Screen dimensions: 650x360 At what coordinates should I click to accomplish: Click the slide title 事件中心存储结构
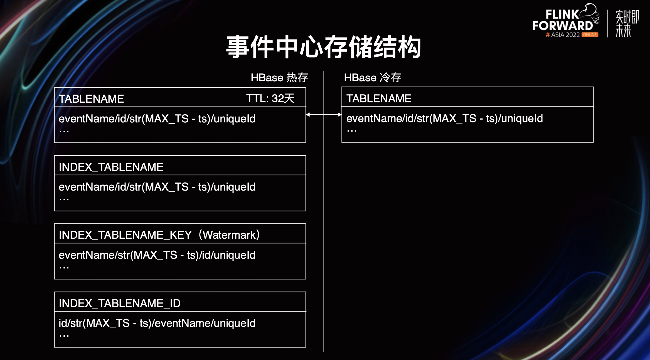323,47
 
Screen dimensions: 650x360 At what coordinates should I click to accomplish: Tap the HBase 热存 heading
279,78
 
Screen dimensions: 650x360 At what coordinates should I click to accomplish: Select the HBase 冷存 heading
373,78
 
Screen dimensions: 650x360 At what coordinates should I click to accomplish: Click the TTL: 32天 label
270,98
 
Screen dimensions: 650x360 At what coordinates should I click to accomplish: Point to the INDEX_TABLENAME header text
111,167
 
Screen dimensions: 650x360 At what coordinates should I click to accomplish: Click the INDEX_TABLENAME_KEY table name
125,235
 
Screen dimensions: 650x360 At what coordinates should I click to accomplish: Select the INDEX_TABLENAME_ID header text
120,303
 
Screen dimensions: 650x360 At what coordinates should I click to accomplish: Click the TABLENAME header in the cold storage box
379,98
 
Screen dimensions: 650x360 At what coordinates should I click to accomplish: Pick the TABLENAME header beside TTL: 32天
91,99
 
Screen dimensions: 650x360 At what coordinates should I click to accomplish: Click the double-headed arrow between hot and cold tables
324,114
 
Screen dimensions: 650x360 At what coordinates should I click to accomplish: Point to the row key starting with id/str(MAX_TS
157,323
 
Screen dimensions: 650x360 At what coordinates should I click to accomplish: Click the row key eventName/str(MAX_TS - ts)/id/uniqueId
157,255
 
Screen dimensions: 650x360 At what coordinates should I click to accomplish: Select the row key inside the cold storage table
444,119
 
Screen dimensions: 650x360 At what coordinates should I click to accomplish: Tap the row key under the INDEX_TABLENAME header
157,187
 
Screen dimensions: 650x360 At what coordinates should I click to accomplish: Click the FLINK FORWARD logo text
563,20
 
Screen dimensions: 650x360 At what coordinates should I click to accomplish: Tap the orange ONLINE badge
590,35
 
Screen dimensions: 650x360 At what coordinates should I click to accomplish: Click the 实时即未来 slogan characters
627,23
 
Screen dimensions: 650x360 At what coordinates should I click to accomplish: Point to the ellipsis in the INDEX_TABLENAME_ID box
64,336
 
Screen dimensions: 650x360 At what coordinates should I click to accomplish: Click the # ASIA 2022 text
563,35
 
